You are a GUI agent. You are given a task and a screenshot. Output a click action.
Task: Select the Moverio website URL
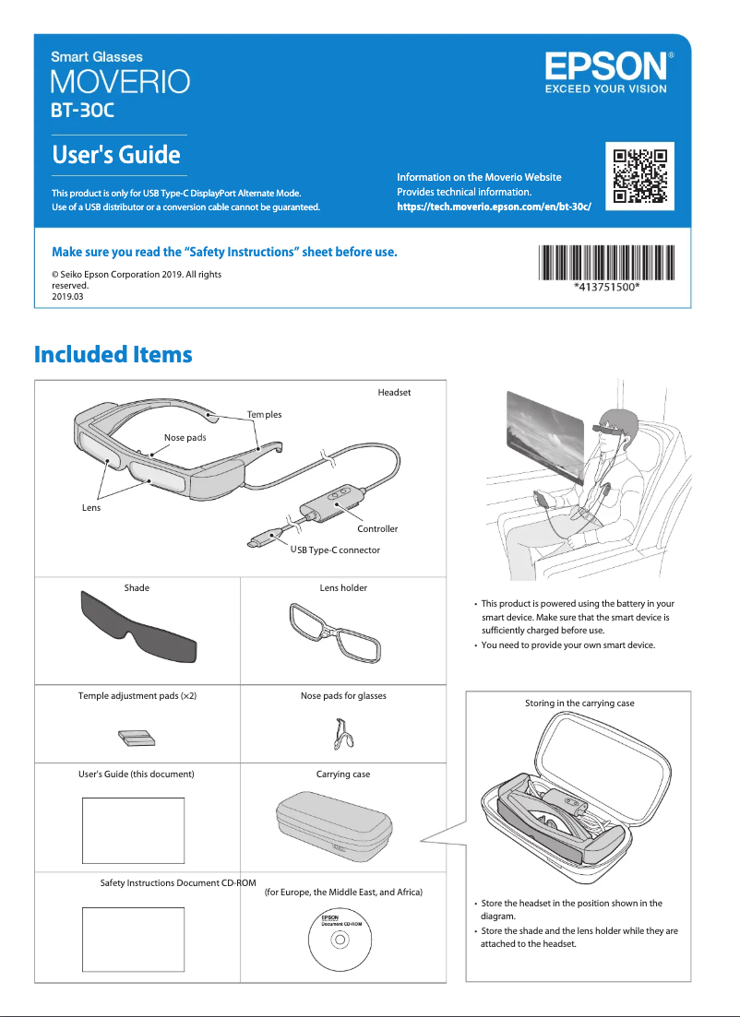tap(494, 207)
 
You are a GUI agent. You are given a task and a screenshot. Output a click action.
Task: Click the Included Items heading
tap(113, 354)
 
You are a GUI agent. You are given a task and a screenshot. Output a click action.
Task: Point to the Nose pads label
tap(185, 437)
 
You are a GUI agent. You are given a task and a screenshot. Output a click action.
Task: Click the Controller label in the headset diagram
tap(377, 528)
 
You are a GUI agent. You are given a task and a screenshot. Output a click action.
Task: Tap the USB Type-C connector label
tap(335, 550)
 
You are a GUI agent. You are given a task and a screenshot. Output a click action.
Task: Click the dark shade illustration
tap(138, 628)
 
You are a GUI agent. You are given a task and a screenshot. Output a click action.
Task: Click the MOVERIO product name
tap(120, 81)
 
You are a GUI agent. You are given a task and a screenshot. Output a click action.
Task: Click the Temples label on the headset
tap(264, 414)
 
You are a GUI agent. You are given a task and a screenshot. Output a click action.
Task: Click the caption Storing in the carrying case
tap(579, 704)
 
